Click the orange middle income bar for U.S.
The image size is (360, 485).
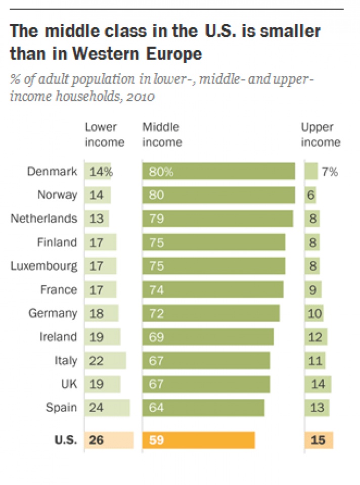pyautogui.click(x=199, y=440)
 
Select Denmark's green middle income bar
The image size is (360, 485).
pyautogui.click(x=218, y=171)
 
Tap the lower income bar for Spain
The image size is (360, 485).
pyautogui.click(x=107, y=407)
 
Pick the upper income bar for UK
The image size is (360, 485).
pyautogui.click(x=318, y=384)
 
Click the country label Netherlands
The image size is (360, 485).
pyautogui.click(x=44, y=219)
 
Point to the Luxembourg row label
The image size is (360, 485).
pyautogui.click(x=44, y=266)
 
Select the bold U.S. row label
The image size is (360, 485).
pyautogui.click(x=65, y=440)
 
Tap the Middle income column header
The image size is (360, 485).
pyautogui.click(x=162, y=135)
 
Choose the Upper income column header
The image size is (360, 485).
pyautogui.click(x=321, y=135)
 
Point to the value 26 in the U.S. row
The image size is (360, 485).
pyautogui.click(x=96, y=440)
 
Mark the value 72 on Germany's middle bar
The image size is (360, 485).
pyautogui.click(x=157, y=313)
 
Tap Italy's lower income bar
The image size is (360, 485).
pyautogui.click(x=106, y=360)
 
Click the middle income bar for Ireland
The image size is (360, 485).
pyautogui.click(x=208, y=336)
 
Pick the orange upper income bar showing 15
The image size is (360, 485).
pyautogui.click(x=319, y=440)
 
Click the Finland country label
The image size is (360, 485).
pyautogui.click(x=57, y=243)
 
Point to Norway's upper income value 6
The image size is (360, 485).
pyautogui.click(x=310, y=195)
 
